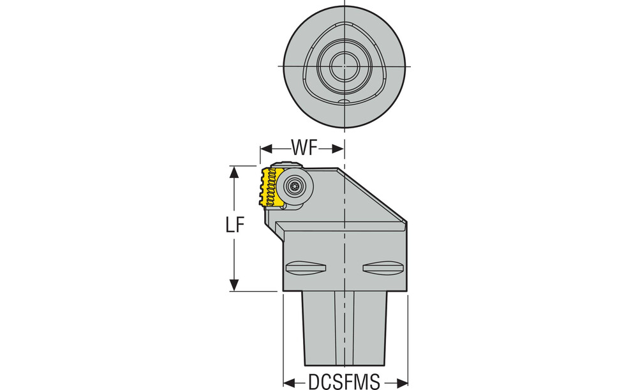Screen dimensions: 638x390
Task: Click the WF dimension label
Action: [304, 147]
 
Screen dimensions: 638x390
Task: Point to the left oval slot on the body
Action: [306, 267]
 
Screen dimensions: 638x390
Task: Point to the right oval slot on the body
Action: [383, 267]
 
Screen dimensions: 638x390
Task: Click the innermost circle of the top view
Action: [345, 66]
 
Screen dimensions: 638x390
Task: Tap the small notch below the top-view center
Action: [345, 101]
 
